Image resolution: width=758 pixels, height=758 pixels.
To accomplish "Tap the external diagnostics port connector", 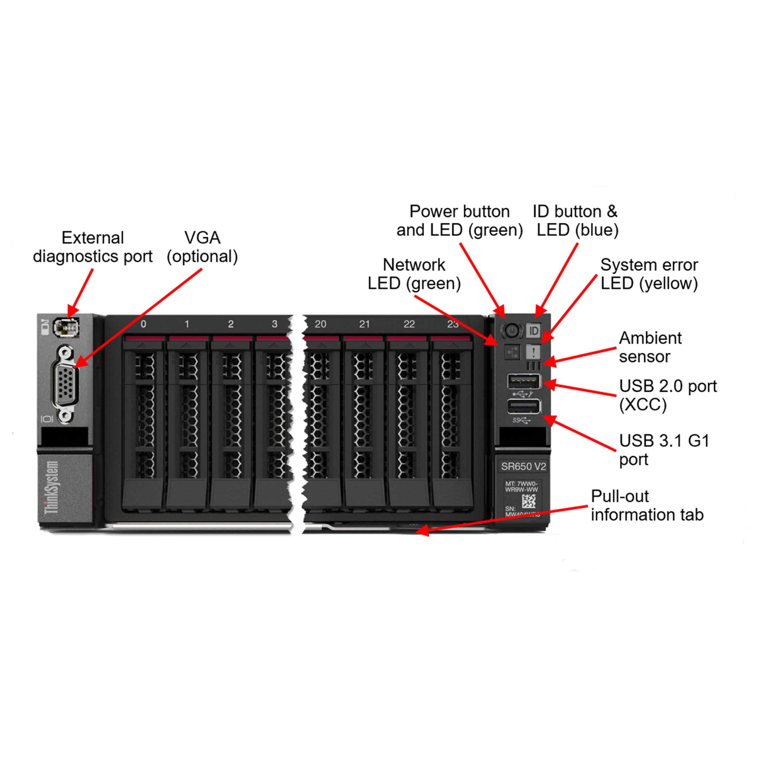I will coord(66,327).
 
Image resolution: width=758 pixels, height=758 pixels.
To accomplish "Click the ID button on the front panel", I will coord(534,331).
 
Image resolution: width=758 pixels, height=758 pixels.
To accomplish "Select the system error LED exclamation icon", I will coord(534,351).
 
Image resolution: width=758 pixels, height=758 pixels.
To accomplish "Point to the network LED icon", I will coord(512,352).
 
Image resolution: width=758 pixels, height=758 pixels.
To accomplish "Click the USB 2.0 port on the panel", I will coord(524,381).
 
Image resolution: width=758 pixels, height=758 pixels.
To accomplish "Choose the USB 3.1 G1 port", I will coord(524,406).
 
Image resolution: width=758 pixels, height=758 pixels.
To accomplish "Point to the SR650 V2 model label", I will coord(523,467).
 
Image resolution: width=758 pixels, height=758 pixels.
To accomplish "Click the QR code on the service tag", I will coord(528,501).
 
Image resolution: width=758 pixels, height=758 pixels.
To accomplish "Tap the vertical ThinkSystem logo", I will coord(52,487).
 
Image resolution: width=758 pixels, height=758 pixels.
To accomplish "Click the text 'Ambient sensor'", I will coord(650,347).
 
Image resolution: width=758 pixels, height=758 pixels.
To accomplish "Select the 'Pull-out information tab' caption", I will coord(647,505).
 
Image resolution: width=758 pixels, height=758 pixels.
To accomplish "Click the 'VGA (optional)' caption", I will coord(202,247).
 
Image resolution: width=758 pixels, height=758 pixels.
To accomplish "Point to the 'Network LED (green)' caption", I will coord(414,274).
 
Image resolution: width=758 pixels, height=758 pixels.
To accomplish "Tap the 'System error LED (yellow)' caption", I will coord(649,274).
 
